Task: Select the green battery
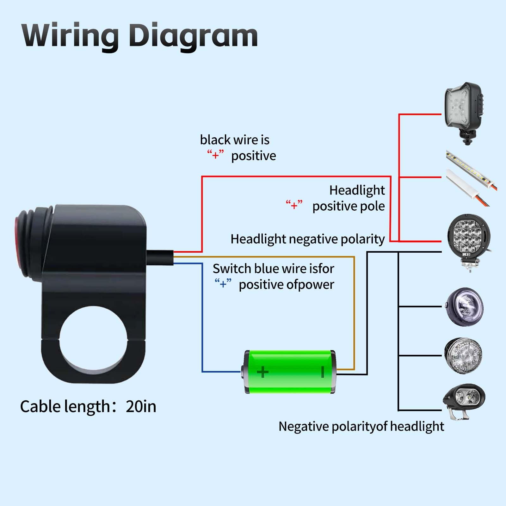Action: [290, 372]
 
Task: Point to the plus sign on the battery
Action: [262, 372]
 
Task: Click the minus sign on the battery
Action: [323, 372]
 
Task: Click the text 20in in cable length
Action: [141, 406]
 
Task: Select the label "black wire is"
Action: [235, 140]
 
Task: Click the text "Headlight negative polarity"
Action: [307, 239]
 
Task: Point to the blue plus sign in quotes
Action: [223, 284]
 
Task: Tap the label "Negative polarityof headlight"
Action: [361, 426]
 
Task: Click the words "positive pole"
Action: [349, 206]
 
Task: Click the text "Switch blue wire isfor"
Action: [273, 269]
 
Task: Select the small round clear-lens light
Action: [463, 356]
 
